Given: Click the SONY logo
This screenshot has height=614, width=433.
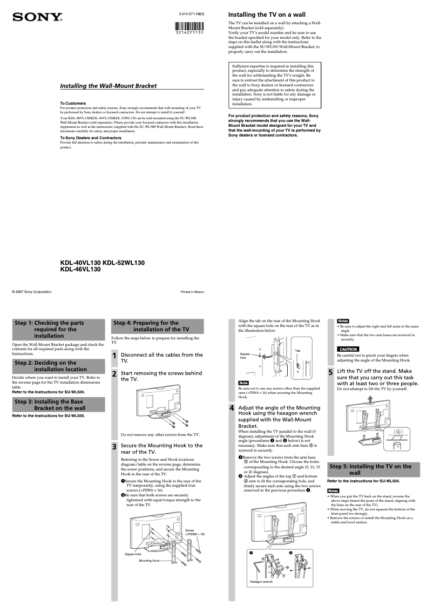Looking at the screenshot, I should coord(37,17).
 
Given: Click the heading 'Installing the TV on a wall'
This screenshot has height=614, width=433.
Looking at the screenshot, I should coord(267,14).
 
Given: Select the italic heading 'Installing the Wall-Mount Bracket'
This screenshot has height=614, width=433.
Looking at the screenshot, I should coord(108,86).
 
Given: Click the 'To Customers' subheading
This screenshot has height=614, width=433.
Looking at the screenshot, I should coord(72,103).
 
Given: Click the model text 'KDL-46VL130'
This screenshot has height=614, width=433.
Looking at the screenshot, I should coord(80,269).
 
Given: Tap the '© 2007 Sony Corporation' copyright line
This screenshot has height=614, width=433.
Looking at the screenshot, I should coord(32,292).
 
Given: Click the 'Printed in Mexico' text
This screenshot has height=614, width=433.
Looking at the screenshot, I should coord(192,292).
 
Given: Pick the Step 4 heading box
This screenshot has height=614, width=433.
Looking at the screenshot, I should coord(157,326).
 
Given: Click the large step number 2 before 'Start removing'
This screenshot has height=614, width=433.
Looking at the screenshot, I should coord(114,374).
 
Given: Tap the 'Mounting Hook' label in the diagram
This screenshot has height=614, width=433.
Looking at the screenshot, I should coord(149,561).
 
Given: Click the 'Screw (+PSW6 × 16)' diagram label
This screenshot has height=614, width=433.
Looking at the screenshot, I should coord(195,532).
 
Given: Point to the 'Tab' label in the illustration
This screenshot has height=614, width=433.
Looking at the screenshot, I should coord(297,351).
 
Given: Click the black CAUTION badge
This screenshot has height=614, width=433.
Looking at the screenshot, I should coord(348,349).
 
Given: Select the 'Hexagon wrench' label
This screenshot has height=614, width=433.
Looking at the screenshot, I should coord(261,582).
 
